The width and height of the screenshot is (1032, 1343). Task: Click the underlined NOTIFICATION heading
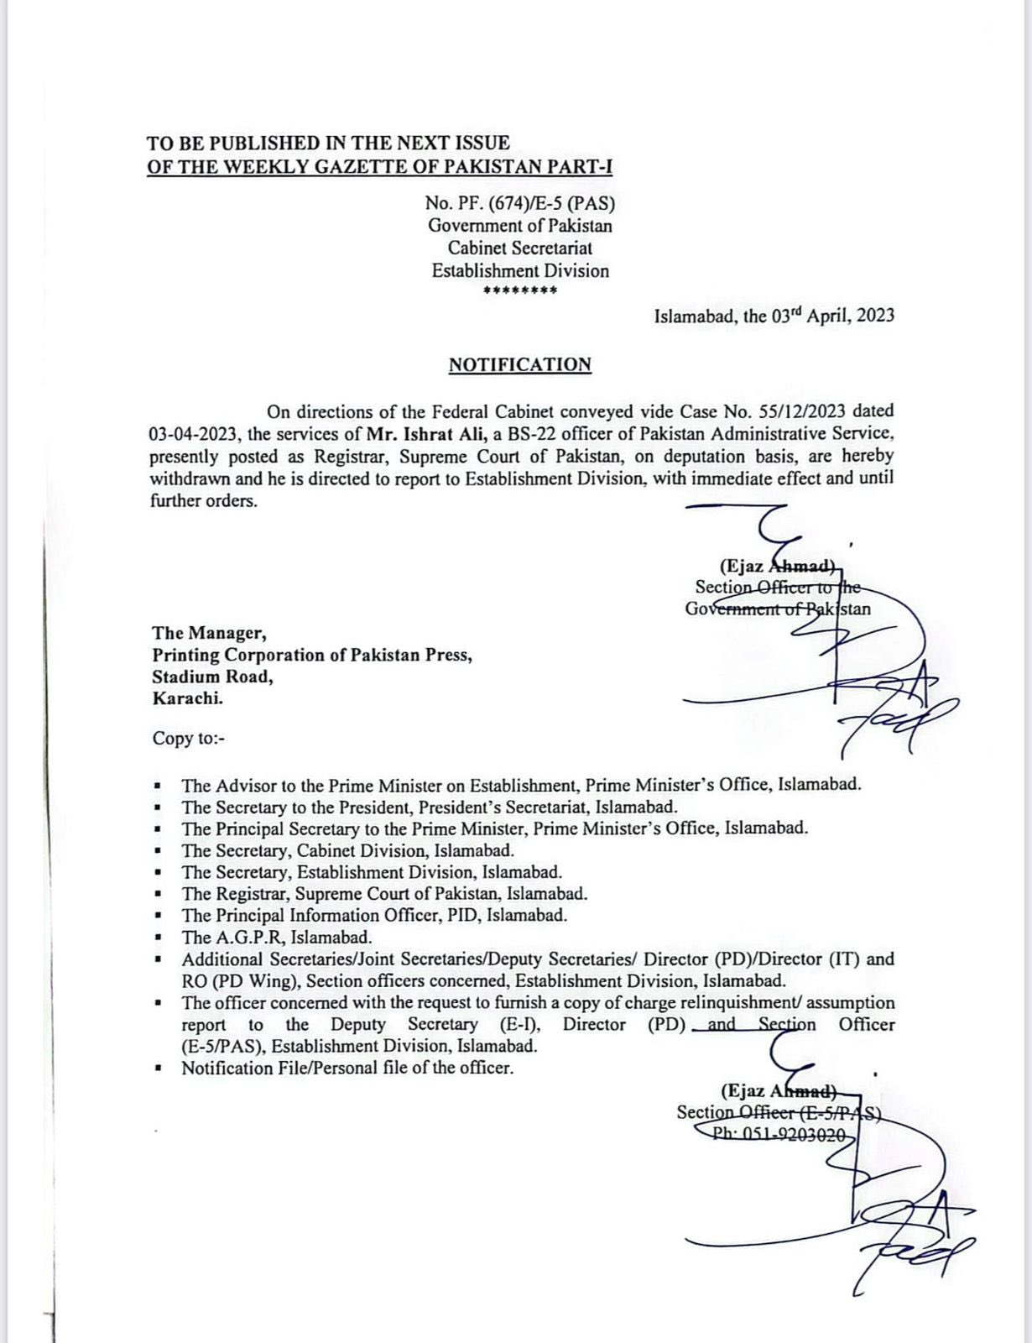(x=519, y=365)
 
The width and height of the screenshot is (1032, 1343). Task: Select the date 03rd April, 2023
(x=831, y=316)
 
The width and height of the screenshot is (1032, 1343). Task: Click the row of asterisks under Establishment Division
(x=520, y=291)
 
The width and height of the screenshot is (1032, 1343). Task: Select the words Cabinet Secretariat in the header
(x=520, y=248)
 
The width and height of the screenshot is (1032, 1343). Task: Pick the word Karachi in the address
(x=187, y=698)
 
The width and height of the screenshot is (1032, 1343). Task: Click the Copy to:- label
(x=189, y=739)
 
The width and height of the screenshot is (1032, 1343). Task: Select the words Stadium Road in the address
(x=212, y=677)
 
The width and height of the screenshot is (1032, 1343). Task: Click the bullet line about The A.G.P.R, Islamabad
(x=277, y=938)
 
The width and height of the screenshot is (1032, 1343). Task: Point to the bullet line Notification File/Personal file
(x=347, y=1069)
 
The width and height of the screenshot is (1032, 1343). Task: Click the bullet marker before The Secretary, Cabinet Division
(x=157, y=851)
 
